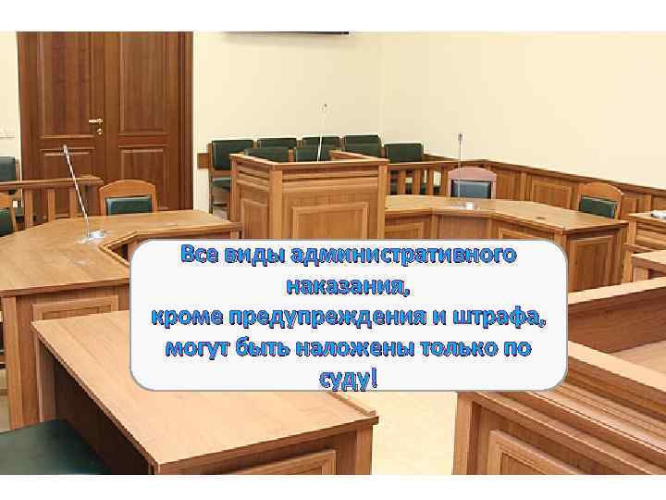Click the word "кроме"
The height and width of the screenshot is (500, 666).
point(189,318)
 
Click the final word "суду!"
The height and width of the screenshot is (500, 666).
point(348,380)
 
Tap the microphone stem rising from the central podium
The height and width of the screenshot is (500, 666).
point(323,130)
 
